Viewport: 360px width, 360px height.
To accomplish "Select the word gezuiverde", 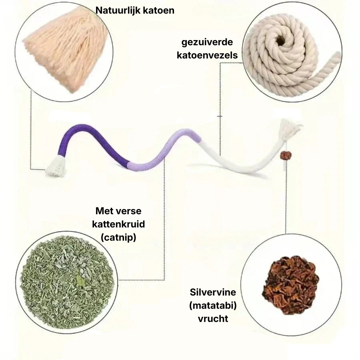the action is (207, 42).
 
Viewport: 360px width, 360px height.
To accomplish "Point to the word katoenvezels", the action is (207, 55).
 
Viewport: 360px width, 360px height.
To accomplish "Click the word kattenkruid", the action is (118, 224).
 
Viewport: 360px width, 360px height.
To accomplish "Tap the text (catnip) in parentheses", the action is (118, 237).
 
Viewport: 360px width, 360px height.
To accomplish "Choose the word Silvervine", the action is (213, 292).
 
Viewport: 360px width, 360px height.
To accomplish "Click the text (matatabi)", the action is (213, 306).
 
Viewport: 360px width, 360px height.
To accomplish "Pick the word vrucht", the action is (213, 319).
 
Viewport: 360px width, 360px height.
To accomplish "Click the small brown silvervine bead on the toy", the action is (284, 155).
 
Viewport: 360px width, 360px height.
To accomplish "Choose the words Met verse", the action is (118, 211).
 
